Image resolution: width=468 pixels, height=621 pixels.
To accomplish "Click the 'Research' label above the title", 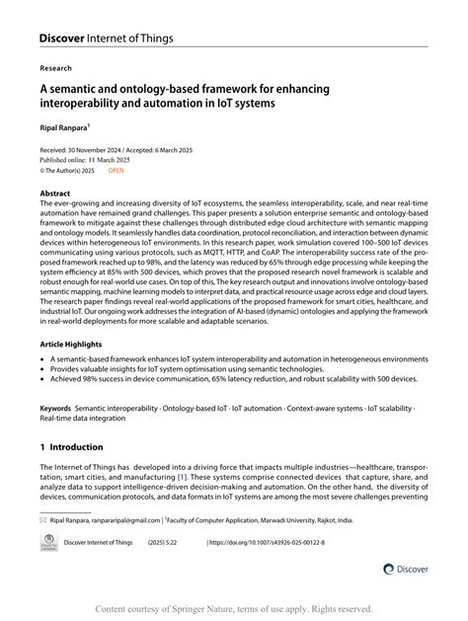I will pos(56,69).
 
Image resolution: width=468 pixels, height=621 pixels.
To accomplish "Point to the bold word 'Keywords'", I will pos(55,407).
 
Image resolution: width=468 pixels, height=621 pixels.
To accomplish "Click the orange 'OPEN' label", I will pos(117,170).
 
